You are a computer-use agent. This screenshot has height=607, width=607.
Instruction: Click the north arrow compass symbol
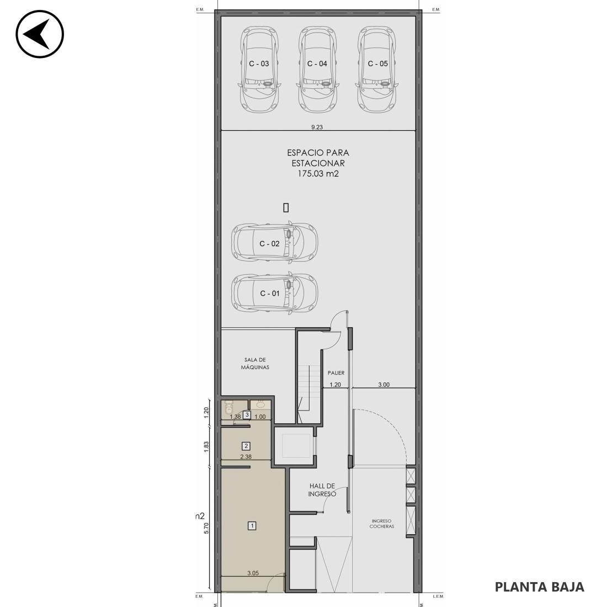40,34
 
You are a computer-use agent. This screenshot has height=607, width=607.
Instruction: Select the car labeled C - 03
259,70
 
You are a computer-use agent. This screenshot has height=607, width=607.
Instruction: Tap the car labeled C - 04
317,70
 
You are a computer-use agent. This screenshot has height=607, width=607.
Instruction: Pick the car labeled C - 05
377,70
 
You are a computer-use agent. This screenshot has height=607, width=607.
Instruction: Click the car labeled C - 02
274,242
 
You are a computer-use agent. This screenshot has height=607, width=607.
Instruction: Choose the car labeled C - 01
274,292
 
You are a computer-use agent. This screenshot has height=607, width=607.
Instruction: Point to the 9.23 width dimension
317,127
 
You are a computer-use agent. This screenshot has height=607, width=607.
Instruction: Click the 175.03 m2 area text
318,174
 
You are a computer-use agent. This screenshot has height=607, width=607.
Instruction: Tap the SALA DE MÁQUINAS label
255,364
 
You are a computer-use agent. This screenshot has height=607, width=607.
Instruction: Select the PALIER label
336,373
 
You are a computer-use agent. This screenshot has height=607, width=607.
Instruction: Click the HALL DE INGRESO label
322,489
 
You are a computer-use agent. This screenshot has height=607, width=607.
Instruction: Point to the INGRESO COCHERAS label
381,524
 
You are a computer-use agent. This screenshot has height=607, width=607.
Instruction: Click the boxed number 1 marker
252,526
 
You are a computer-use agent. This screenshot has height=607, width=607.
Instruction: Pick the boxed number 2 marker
246,446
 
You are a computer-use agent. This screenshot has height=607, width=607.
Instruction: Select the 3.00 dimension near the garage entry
384,385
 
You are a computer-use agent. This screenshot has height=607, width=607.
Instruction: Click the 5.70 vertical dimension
206,528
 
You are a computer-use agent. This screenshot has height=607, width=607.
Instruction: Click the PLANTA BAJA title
539,587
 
